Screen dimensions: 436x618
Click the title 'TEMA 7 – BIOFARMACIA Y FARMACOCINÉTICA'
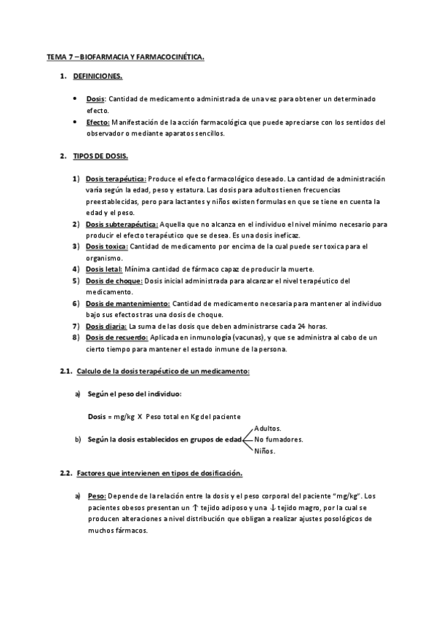[x=124, y=55]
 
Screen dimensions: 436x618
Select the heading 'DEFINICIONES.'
[x=98, y=76]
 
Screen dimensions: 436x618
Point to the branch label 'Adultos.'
[x=269, y=428]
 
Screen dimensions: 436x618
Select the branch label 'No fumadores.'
[x=279, y=439]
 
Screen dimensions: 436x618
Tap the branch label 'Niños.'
[x=265, y=451]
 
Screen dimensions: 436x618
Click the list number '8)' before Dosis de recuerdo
[x=76, y=337]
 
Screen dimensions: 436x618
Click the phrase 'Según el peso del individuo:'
[x=130, y=394]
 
